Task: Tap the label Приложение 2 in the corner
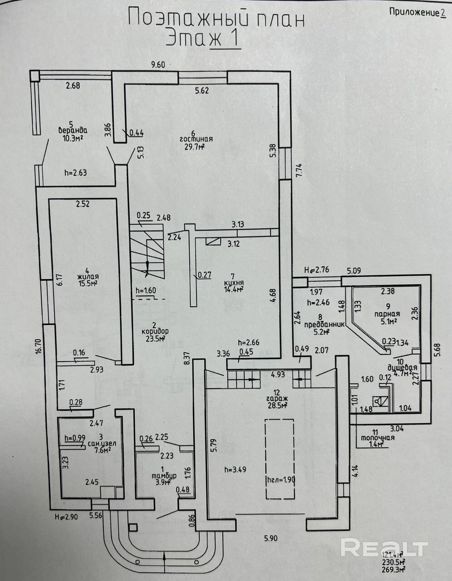417,12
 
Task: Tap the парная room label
387,314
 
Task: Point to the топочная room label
378,438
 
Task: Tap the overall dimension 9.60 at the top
158,64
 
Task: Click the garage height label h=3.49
236,469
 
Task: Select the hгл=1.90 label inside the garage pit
281,480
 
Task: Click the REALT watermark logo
384,548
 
